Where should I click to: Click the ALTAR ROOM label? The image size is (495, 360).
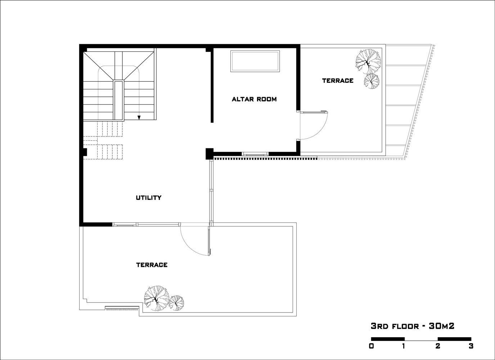tap(254, 99)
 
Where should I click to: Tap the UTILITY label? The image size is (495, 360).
tap(148, 198)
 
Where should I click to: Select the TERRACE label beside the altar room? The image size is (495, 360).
tap(338, 81)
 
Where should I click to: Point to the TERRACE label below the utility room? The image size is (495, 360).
tap(152, 265)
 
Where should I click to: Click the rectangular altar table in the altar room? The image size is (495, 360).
tap(255, 61)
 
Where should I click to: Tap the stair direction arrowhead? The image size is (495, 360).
tap(139, 118)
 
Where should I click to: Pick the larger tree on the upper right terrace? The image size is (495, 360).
tap(368, 61)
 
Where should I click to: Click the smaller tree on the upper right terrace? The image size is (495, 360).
tap(372, 81)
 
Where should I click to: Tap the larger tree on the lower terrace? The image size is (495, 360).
tap(157, 298)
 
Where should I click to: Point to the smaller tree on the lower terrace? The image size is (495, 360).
tap(176, 303)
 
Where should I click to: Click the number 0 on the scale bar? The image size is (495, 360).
tap(372, 346)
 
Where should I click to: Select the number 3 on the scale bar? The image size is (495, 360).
tap(471, 346)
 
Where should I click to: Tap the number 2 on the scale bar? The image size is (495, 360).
tap(438, 346)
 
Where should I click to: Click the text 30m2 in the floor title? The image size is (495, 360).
tap(441, 326)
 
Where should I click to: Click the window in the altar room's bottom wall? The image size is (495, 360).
tap(255, 154)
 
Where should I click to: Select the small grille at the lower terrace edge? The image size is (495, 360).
tap(122, 308)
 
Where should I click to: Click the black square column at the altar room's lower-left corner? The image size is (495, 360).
tap(210, 154)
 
